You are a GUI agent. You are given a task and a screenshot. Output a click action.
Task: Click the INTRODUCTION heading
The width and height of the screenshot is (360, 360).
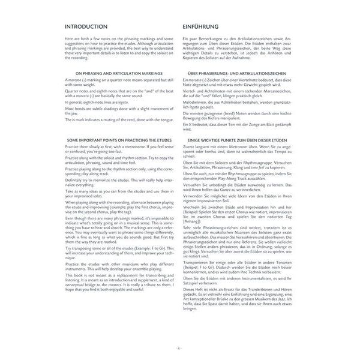[x=86, y=28]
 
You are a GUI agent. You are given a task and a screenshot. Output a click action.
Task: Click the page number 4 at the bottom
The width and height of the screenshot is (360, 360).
[x=181, y=348]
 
